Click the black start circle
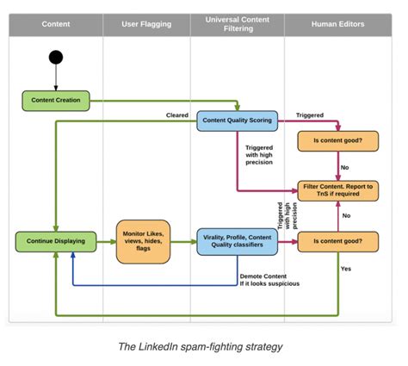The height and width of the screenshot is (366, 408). coord(56,57)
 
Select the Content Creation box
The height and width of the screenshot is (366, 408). coord(56,101)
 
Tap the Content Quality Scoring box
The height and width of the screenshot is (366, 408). coord(238,121)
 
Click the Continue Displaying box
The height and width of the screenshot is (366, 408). coord(56,242)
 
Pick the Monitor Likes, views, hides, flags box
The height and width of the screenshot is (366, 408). coord(143,242)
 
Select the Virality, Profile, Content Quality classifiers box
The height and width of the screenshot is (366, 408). coord(238,242)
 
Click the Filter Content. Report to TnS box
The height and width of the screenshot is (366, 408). coord(338,190)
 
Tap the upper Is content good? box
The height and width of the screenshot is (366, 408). coord(338,141)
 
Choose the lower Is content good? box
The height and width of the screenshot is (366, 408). coord(338,242)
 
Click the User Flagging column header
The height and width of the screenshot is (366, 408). coord(146,24)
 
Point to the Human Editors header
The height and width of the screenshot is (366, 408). coord(338,24)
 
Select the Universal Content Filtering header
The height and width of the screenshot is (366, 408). coord(238,24)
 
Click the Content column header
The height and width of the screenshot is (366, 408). coord(56,24)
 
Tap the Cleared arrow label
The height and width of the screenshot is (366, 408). coord(177,115)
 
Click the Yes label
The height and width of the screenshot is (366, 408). coord(346,269)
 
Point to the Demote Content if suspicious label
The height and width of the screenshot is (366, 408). coord(269,280)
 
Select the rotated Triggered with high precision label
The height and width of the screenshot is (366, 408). coord(287,215)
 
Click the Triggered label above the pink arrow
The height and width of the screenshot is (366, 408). coord(310,115)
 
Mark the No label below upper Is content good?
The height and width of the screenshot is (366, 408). coord(344,167)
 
